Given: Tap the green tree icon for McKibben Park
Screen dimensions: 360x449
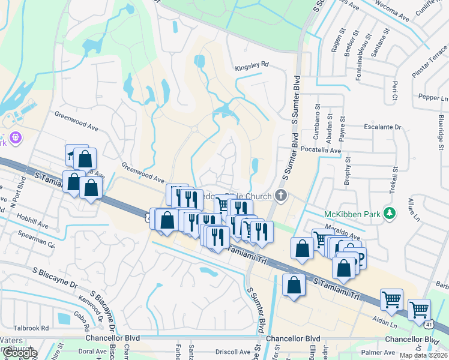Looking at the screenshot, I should (x=390, y=212).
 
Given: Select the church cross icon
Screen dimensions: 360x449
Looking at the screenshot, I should (x=280, y=195).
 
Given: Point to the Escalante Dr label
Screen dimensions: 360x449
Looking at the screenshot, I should (x=382, y=127).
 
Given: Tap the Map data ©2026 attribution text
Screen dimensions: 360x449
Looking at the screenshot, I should (x=424, y=356).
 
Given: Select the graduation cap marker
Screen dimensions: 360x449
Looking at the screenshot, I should (x=73, y=155).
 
